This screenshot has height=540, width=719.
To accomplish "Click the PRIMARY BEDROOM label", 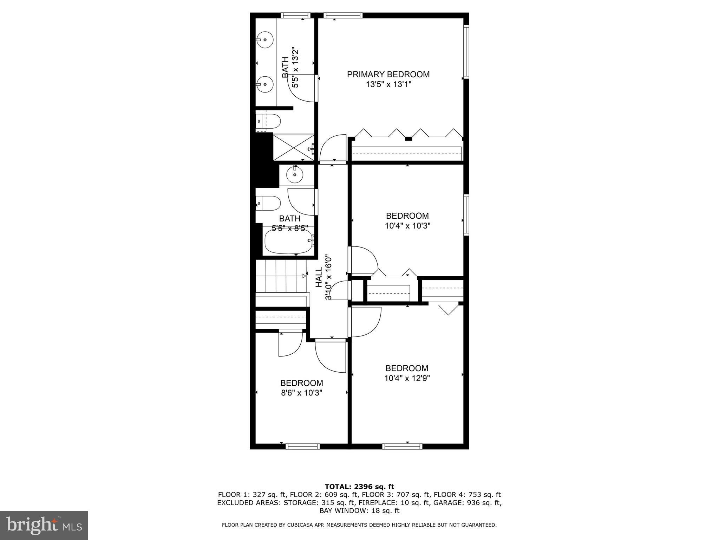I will (x=388, y=74).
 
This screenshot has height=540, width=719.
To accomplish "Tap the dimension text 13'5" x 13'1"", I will (x=388, y=84).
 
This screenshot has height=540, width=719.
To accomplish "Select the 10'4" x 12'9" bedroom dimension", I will (x=407, y=378).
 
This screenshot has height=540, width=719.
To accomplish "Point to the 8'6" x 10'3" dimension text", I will (x=301, y=393).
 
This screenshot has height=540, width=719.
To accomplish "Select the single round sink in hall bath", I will (x=295, y=174).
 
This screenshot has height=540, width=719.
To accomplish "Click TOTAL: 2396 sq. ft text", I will (x=359, y=487).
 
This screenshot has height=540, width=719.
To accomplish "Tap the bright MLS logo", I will (x=44, y=525).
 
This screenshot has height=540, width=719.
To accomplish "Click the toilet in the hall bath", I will (x=268, y=203).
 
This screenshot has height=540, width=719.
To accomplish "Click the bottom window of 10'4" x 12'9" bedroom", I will (x=402, y=446).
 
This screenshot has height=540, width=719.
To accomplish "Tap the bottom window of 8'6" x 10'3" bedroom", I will (x=302, y=446).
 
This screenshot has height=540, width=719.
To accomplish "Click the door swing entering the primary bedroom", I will (x=333, y=148).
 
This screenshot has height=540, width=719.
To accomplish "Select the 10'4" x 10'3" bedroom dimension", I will (x=407, y=226).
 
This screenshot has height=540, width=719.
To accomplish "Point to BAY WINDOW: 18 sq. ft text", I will (x=359, y=511).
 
